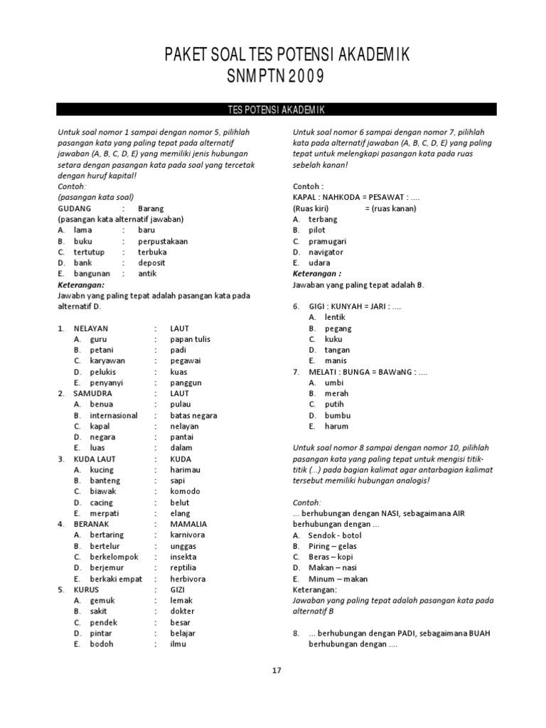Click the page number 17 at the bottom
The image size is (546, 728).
point(277,670)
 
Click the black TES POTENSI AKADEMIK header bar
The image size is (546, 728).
point(277,109)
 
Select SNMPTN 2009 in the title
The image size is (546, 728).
point(277,77)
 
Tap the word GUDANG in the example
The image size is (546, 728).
point(75,209)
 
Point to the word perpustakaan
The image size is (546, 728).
point(163,241)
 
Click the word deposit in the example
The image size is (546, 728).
point(152,263)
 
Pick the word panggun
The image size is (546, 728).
point(186,382)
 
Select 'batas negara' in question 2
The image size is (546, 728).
point(193,415)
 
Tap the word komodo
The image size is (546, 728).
point(186,491)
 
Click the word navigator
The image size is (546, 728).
point(326,252)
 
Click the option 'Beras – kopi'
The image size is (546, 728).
point(331,557)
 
